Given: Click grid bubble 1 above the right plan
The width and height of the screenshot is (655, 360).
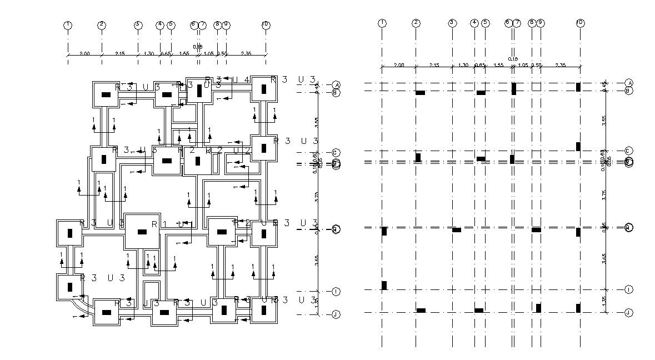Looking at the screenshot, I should tap(382, 23).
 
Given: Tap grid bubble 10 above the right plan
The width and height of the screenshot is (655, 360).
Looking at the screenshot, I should tap(580, 23).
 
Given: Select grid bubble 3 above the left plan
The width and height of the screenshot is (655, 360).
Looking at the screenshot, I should tap(138, 25).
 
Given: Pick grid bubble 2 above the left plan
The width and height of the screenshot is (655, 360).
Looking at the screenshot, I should tap(102, 25).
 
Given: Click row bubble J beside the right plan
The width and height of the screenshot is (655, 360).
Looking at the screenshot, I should tap(629, 313).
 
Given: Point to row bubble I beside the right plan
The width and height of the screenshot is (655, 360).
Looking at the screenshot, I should tap(629, 289).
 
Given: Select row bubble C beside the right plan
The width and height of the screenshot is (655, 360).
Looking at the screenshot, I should tap(629, 151).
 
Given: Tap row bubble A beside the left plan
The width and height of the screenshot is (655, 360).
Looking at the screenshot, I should tap(336, 85).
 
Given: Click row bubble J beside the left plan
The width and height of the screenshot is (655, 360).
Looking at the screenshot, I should tap(336, 314).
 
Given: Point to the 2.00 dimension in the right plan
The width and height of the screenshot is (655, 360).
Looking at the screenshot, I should tap(398, 65).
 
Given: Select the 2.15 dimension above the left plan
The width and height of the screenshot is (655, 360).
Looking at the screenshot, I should tap(119, 53).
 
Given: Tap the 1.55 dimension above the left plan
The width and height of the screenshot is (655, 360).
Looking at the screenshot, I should tap(184, 53).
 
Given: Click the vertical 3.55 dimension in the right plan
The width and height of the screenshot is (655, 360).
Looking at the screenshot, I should tap(604, 119).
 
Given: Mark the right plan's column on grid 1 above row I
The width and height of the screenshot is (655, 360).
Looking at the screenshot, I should tap(384, 285).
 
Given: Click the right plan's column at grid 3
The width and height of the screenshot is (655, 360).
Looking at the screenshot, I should tap(456, 230).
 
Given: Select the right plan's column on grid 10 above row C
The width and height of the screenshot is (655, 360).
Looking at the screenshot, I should tap(578, 147).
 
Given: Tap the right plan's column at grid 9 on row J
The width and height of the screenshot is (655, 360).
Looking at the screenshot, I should tap(538, 308).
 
